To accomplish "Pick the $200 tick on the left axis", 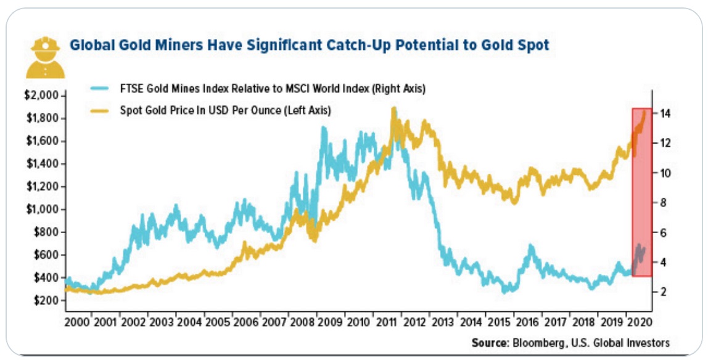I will [x=44, y=300].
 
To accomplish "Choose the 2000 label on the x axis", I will [x=76, y=322].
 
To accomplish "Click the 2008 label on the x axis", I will [x=303, y=322].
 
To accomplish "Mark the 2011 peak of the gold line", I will [x=393, y=109].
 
